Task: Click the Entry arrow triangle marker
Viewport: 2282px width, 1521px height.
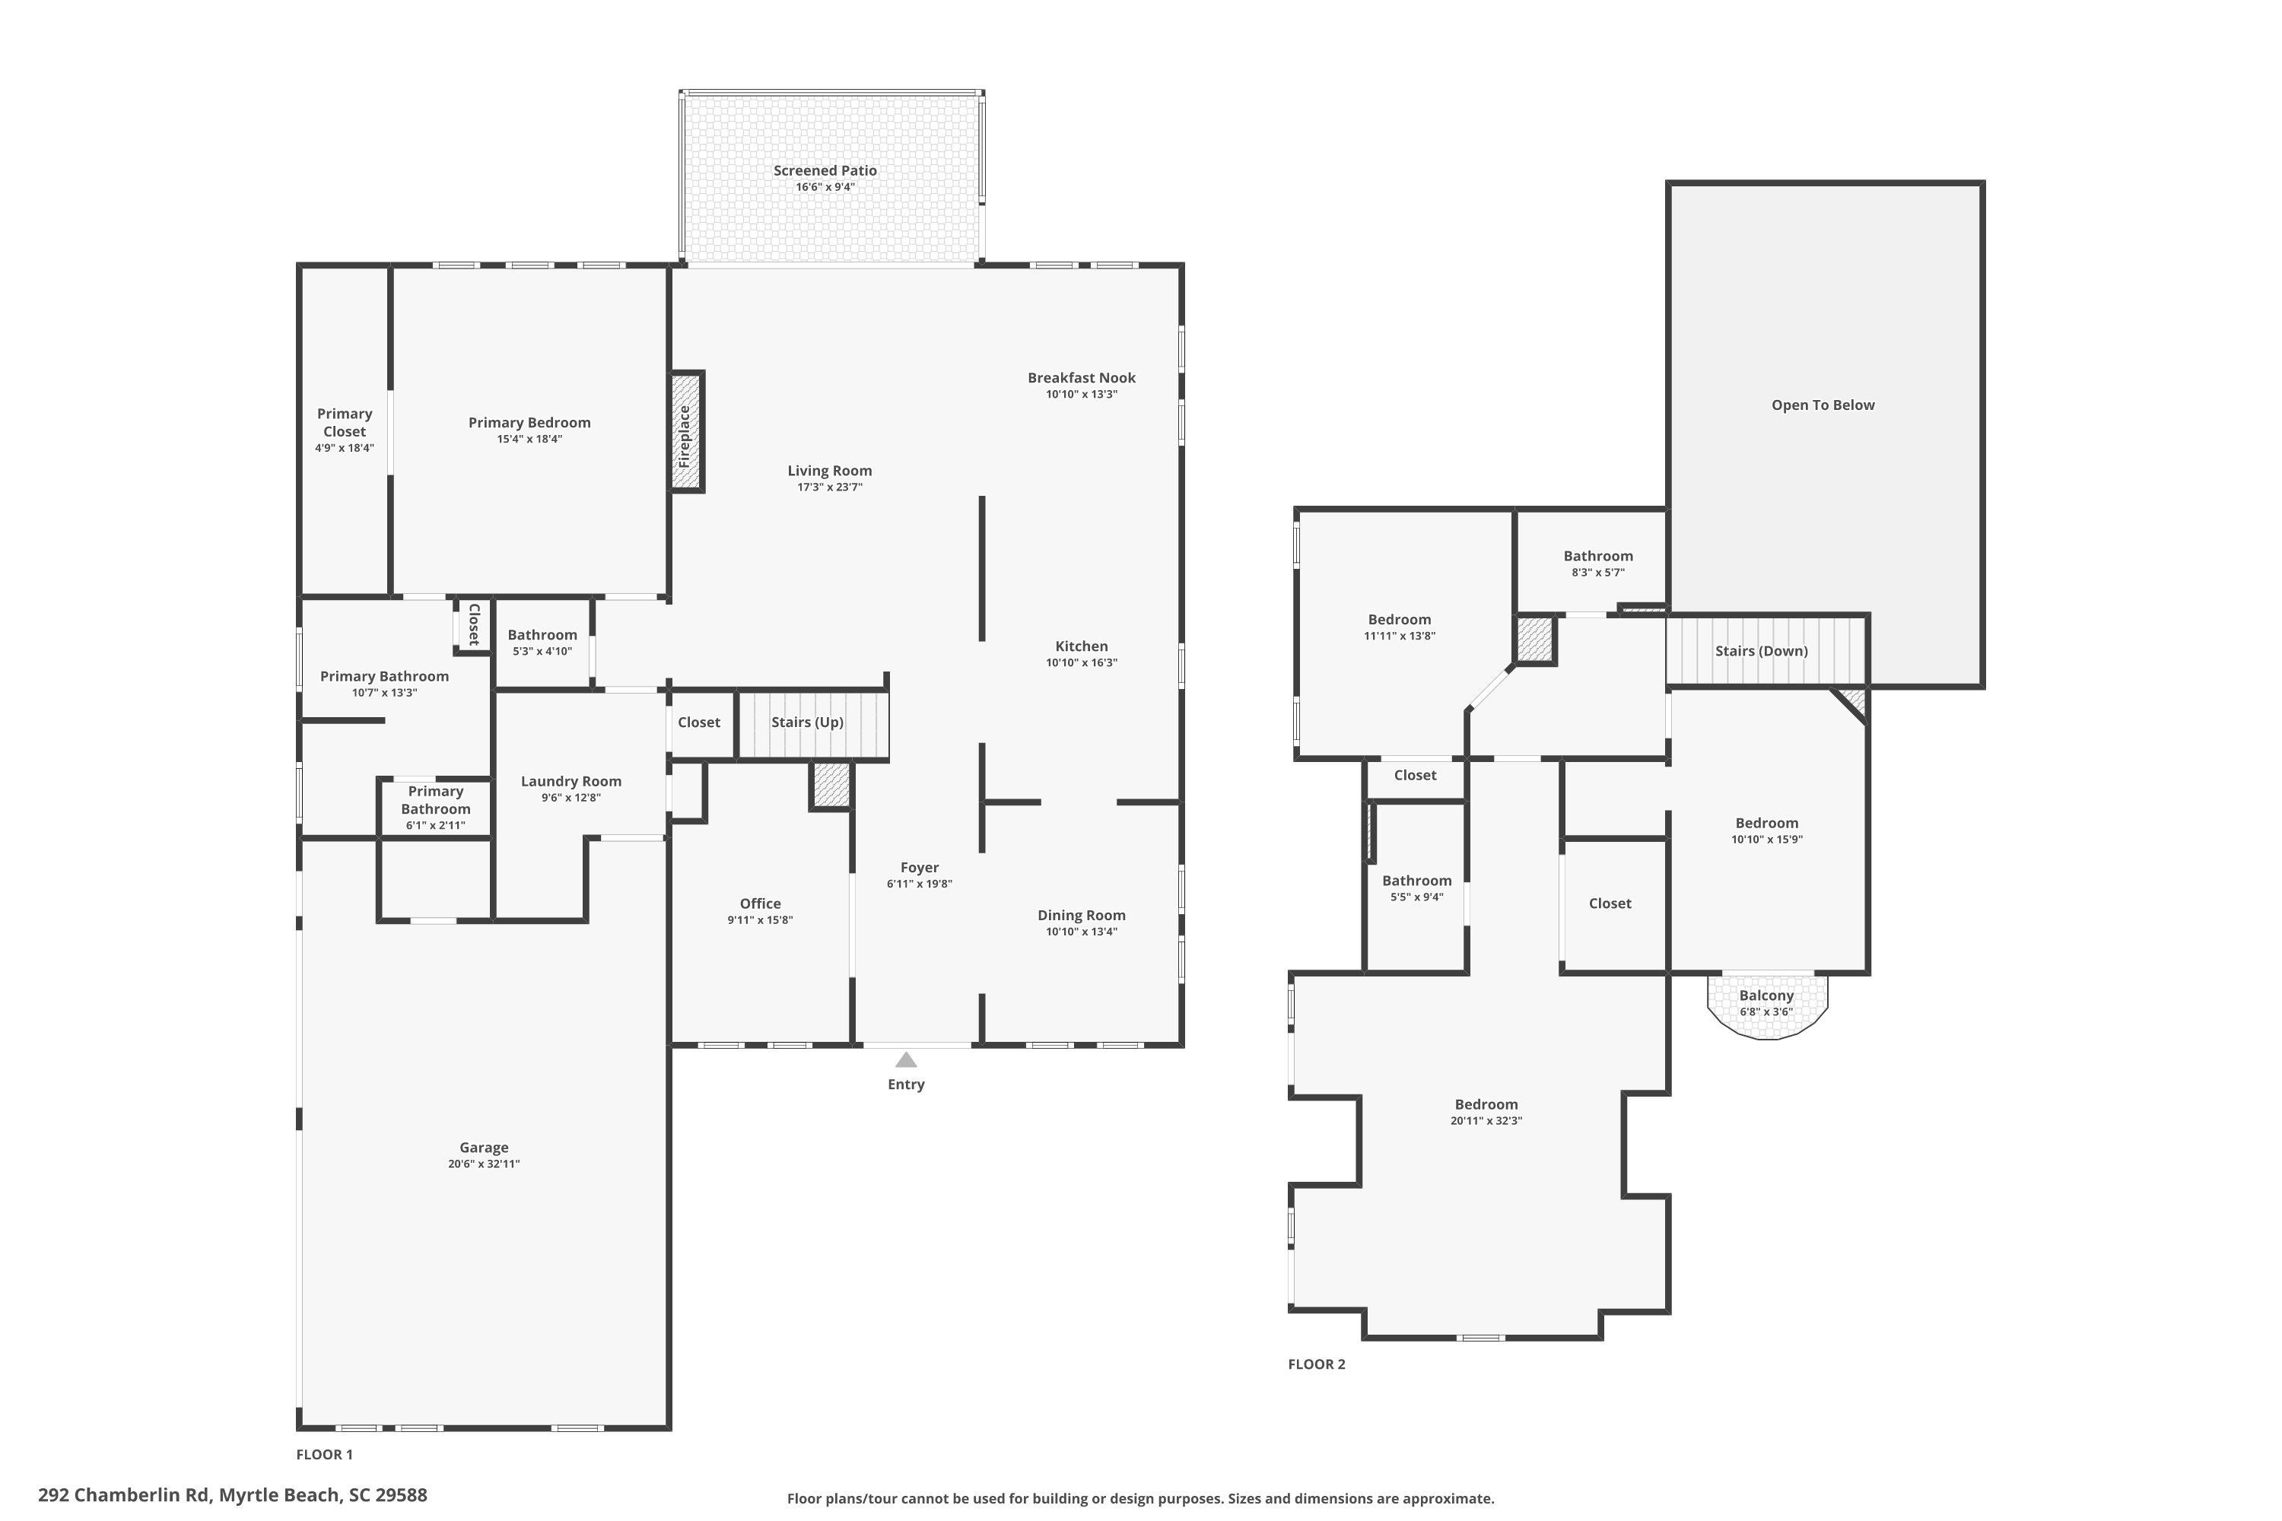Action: [905, 1059]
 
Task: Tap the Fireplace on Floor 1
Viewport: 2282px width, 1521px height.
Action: [686, 432]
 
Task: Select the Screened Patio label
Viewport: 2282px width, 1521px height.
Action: [825, 170]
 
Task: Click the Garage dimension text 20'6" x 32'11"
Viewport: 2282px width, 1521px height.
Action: [484, 1164]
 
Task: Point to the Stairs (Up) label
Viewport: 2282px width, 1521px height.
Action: [807, 722]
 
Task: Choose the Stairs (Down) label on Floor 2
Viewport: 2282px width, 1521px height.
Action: [1761, 651]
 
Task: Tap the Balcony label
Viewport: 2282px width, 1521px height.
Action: [1766, 995]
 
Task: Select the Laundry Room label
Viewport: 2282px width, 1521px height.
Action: [570, 782]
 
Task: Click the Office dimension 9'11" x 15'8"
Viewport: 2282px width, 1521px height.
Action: [761, 920]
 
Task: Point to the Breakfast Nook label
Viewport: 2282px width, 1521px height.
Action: [1082, 378]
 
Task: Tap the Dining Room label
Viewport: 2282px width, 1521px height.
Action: [1082, 916]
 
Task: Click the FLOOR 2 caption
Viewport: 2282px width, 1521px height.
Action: [1317, 1364]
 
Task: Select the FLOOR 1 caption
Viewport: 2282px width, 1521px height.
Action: [325, 1454]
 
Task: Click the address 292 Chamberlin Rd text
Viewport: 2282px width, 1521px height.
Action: [124, 1495]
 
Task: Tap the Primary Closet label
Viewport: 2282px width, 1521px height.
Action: [345, 423]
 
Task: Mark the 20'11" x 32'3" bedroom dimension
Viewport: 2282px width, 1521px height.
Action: [1486, 1121]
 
